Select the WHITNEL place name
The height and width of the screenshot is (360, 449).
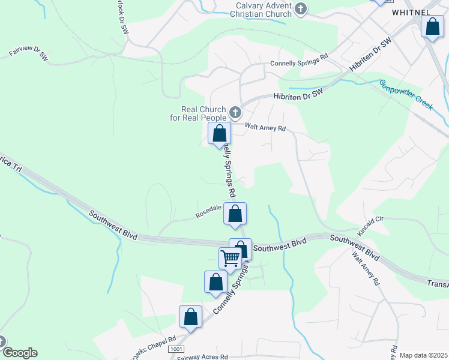[x=411, y=12]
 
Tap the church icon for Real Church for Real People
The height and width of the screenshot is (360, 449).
[x=235, y=112]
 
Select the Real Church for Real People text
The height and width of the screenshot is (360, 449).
[x=203, y=113]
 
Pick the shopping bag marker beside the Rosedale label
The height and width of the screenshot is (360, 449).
[x=235, y=213]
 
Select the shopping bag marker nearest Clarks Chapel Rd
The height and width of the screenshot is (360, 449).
[x=190, y=317]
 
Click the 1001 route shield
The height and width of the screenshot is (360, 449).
[x=175, y=349]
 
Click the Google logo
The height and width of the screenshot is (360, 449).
[x=19, y=353]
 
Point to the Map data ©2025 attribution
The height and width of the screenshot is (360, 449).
[x=423, y=355]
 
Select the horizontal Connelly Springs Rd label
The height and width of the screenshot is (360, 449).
[x=299, y=55]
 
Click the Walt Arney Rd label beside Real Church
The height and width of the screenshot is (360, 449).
[x=266, y=127]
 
